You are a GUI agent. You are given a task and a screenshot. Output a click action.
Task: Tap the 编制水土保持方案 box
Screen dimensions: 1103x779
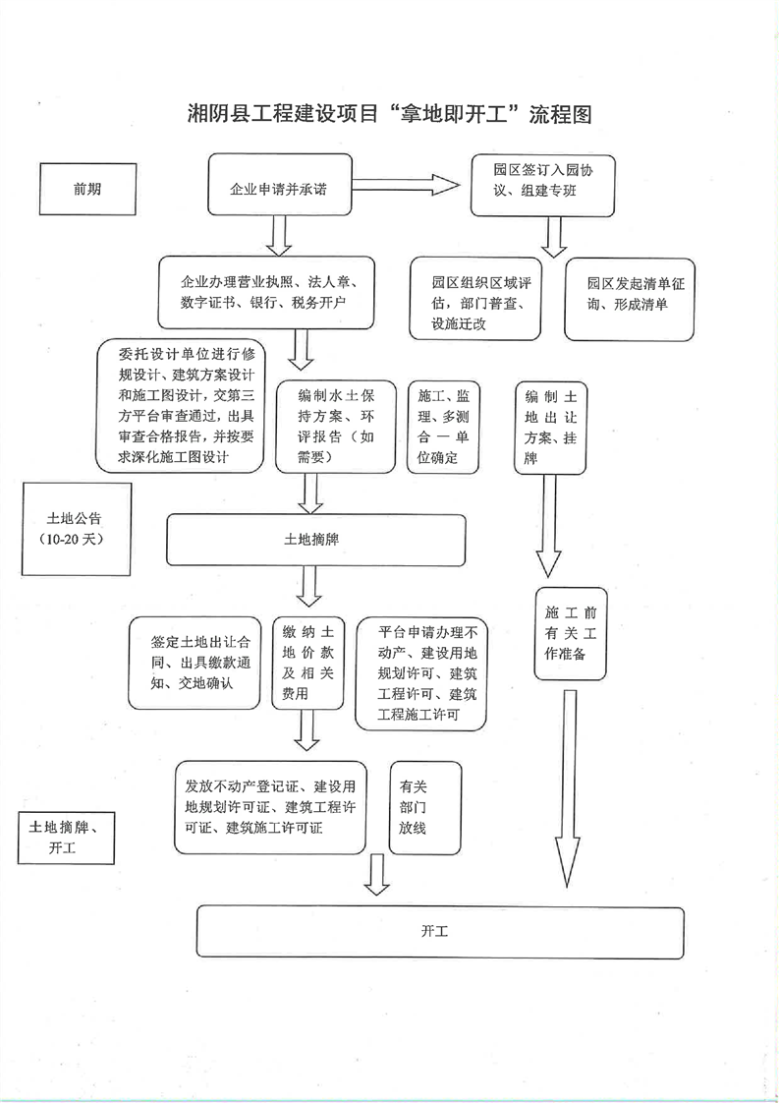tap(336, 426)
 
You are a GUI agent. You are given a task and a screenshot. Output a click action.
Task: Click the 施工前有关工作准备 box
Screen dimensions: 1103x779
tap(571, 634)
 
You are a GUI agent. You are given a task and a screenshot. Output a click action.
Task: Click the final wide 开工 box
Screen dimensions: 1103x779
tap(440, 931)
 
